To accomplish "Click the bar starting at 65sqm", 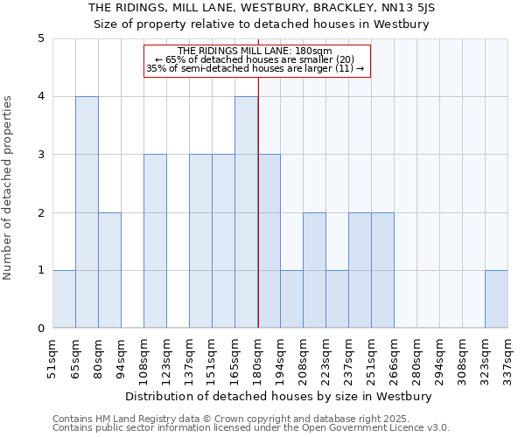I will coord(87,212).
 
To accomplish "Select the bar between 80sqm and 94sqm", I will coord(109,270).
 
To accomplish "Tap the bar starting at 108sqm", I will coord(155,241).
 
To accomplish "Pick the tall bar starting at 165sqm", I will coord(246,212).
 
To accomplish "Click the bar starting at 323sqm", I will coord(496,299).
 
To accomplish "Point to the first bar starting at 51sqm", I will coord(64,299).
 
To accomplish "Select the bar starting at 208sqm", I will coord(314,270).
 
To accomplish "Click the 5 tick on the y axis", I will coord(40,38).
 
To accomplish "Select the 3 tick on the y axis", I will coord(40,155).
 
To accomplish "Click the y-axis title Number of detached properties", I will coord(9,189).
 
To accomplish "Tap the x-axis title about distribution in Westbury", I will coord(280,396).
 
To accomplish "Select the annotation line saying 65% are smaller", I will coord(258,59).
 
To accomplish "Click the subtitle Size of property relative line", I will coord(262,24).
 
